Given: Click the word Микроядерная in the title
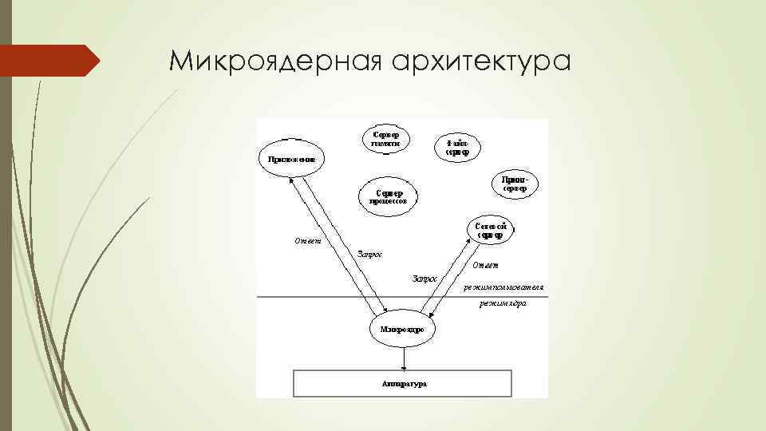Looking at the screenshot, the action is (269, 61).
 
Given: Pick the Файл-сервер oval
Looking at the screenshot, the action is (457, 148).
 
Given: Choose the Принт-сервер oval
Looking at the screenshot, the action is (515, 184).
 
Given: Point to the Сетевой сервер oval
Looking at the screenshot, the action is (491, 231).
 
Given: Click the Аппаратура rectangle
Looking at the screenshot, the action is (404, 383).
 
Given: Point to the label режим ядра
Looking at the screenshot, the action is (503, 304).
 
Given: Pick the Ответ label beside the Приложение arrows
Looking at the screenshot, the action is (307, 241).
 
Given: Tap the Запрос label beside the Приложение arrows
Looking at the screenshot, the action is (369, 255).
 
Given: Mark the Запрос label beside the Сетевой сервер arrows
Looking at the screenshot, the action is (424, 279).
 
